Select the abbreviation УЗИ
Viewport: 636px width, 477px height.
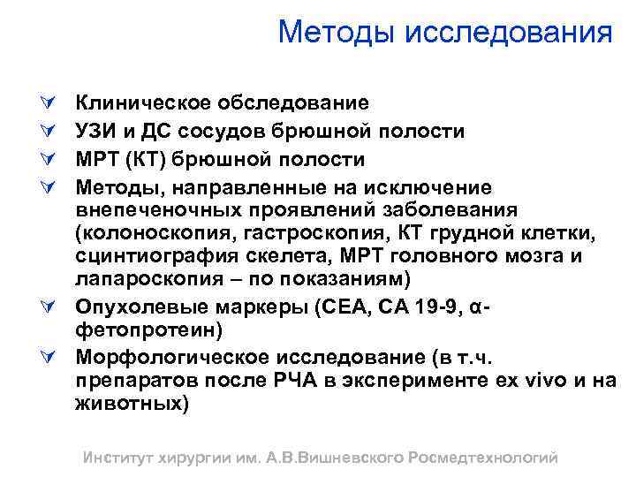(x=95, y=132)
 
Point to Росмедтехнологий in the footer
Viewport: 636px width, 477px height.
(x=484, y=458)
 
